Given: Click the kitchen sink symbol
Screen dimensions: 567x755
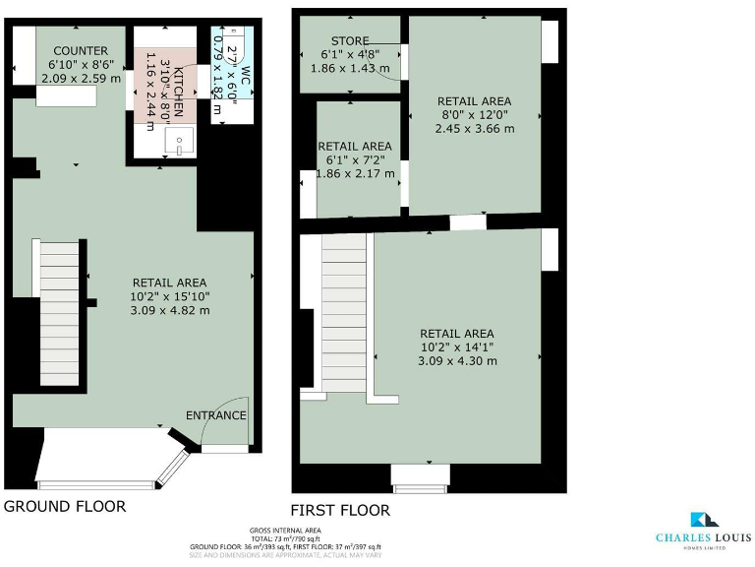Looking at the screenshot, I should click(182, 142).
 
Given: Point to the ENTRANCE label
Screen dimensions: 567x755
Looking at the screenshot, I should click(215, 414).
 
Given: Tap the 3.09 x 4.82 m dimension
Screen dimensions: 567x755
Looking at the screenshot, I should click(170, 310).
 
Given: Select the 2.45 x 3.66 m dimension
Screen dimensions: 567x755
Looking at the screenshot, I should click(474, 128).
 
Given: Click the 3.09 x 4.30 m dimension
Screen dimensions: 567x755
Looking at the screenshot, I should click(457, 360).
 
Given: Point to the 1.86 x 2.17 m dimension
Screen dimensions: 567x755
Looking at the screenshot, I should click(356, 174).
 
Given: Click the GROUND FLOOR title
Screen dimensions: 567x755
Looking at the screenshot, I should click(65, 506).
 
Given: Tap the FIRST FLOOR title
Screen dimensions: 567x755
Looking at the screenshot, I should click(340, 510).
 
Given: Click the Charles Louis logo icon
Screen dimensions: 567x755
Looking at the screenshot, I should click(703, 520).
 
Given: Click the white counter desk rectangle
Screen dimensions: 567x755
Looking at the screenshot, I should click(67, 96).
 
